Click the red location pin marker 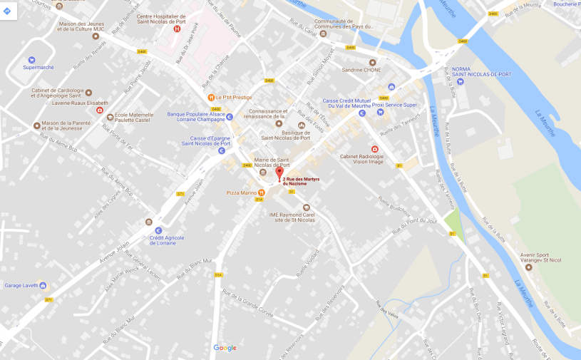279,174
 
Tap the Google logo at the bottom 225,348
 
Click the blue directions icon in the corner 7,11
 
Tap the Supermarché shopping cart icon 31,60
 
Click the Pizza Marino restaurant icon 262,192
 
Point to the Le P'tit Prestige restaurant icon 210,97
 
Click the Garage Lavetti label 21,285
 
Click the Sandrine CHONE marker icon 372,62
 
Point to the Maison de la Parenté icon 36,124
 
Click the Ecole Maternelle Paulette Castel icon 110,117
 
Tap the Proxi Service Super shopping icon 380,111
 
